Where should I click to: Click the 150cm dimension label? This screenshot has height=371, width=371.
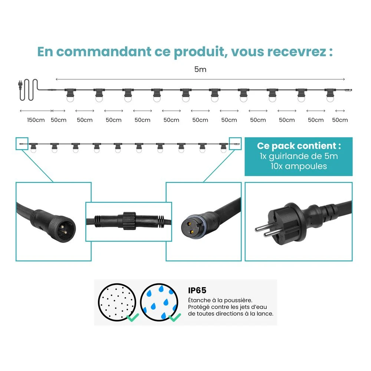[x=36, y=120]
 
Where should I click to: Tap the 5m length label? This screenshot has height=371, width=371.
[x=200, y=69]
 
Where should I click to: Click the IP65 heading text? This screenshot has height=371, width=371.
[x=197, y=290]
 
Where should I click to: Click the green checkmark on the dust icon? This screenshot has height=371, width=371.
[x=132, y=317]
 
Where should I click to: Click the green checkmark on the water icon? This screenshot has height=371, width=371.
[x=175, y=317]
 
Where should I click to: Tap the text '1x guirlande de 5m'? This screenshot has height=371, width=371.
[x=299, y=156]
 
